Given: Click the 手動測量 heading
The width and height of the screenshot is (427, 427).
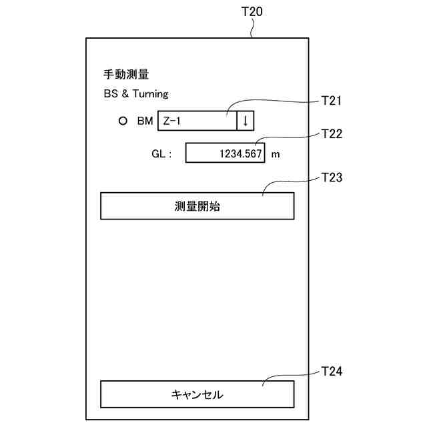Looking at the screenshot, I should click(x=126, y=74).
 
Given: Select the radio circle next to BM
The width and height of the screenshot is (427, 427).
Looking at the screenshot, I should click(x=122, y=121).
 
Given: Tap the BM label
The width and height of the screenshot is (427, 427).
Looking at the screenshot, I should click(x=145, y=121).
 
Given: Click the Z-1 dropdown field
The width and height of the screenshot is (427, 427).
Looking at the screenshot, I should click(x=197, y=121).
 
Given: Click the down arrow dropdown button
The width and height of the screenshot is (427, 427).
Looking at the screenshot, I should click(x=246, y=121).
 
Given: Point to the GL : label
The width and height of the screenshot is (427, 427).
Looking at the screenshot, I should click(x=162, y=154).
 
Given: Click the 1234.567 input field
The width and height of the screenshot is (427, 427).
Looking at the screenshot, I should click(x=225, y=153).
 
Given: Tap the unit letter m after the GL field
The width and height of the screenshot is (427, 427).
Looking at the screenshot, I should click(x=275, y=154).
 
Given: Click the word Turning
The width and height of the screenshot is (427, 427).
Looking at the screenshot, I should click(x=149, y=94).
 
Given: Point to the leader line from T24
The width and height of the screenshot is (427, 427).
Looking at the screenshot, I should click(x=287, y=375).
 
